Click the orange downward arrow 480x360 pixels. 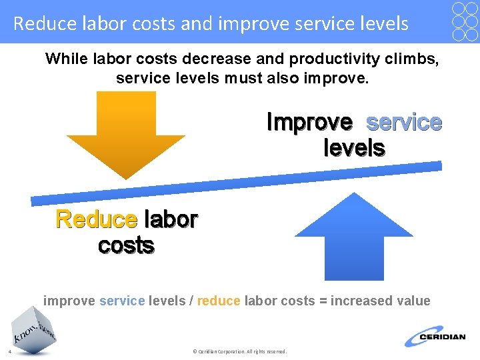point(126,133)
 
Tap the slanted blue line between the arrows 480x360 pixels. point(237,181)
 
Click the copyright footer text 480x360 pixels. point(239,351)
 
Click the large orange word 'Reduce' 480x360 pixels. point(96,219)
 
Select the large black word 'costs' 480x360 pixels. point(126,245)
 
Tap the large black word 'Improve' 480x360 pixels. point(309,123)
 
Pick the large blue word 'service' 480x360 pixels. point(404,123)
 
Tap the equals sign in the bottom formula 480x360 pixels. point(323,301)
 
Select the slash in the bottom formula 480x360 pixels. point(191,301)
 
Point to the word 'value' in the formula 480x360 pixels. point(412,301)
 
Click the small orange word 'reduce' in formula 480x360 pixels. point(219,301)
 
